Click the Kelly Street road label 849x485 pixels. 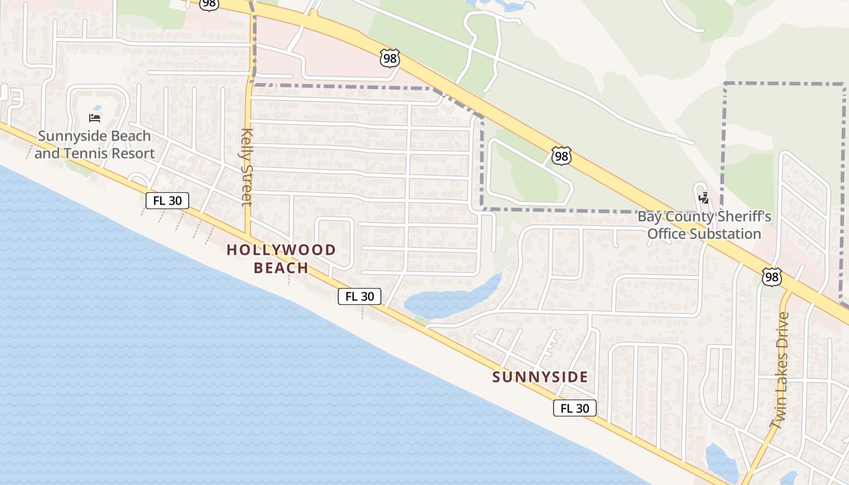246,167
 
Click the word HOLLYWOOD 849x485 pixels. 281,249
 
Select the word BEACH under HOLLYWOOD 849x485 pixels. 281,267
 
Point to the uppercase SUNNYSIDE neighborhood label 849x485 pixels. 540,377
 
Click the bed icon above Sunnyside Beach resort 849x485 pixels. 95,118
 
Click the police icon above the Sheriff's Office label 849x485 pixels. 704,198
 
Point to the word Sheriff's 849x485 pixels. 743,216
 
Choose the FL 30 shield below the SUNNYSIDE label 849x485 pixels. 574,408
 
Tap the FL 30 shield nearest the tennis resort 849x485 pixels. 167,201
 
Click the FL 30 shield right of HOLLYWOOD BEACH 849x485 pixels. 360,296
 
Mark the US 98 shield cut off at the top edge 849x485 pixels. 209,4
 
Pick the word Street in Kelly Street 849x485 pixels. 246,182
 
